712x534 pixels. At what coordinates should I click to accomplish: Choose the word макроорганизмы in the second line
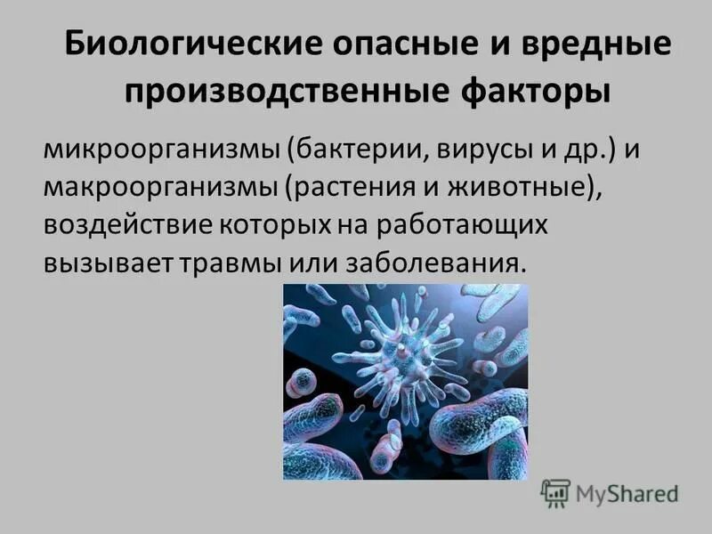pyautogui.click(x=162, y=186)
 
